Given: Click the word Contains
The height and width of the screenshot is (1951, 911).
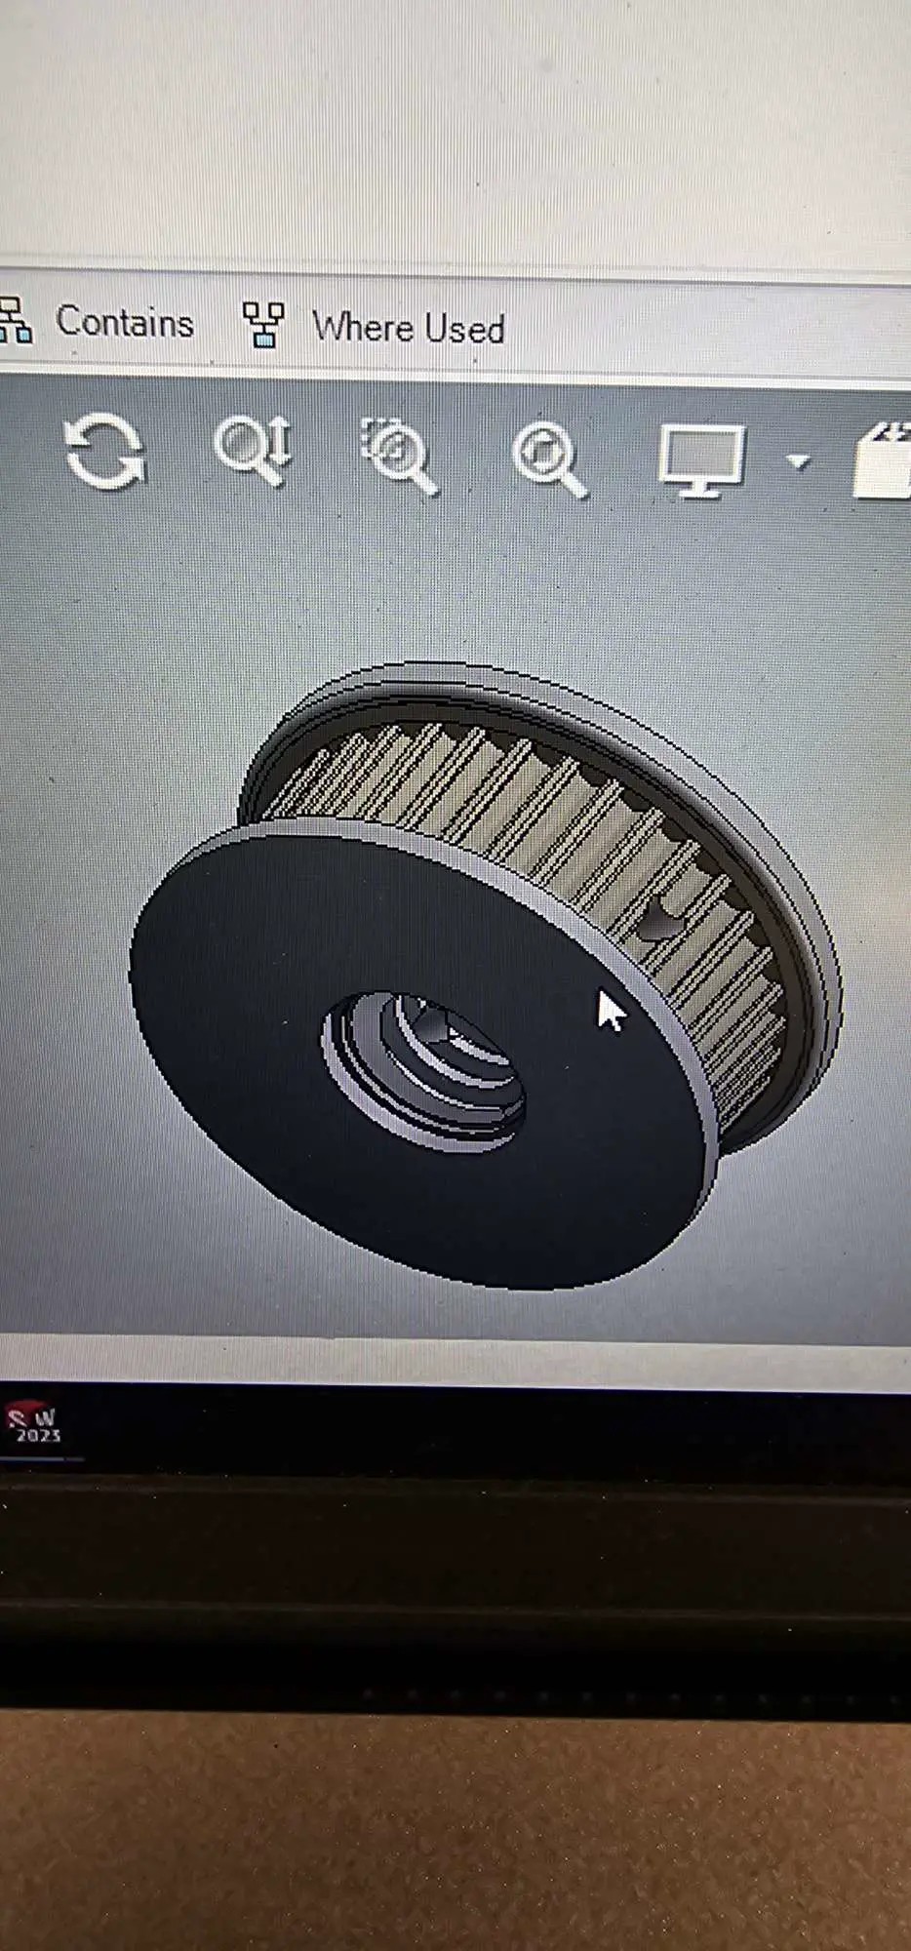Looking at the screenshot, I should pyautogui.click(x=125, y=322).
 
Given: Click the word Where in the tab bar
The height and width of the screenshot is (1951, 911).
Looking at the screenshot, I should pyautogui.click(x=364, y=327).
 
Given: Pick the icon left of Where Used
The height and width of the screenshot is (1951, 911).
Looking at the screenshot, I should pyautogui.click(x=262, y=324).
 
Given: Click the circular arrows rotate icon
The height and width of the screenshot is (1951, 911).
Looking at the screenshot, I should pyautogui.click(x=103, y=451).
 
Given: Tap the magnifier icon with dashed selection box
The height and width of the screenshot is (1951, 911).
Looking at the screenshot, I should pyautogui.click(x=398, y=455).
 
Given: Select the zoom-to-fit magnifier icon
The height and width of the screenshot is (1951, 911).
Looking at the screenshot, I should pyautogui.click(x=548, y=458).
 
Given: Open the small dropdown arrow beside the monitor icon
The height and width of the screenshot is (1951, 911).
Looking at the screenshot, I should pyautogui.click(x=799, y=461).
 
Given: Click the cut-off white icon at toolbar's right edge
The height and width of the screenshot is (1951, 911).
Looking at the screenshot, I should pyautogui.click(x=885, y=462).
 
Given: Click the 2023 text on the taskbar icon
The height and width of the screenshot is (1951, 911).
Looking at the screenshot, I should pyautogui.click(x=37, y=1436).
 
